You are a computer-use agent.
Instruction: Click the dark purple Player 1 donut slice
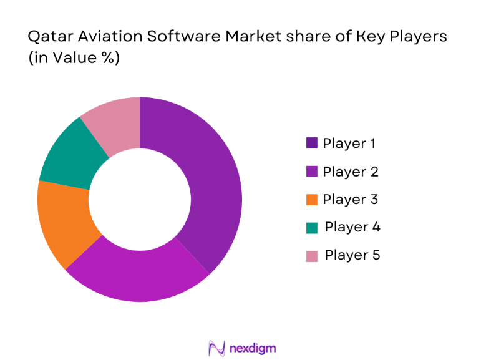pyautogui.click(x=212, y=187)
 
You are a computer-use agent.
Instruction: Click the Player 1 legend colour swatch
pyautogui.click(x=312, y=144)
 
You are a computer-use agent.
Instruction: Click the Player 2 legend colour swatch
pyautogui.click(x=312, y=172)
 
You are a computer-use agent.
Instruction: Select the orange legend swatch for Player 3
pyautogui.click(x=312, y=200)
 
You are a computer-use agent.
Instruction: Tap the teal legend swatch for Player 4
pyautogui.click(x=312, y=228)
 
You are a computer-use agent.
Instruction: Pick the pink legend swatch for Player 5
pyautogui.click(x=312, y=256)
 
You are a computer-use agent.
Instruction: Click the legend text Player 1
pyautogui.click(x=349, y=144)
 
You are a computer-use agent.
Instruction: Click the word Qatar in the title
pyautogui.click(x=47, y=37)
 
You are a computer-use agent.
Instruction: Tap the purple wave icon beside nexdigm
pyautogui.click(x=216, y=348)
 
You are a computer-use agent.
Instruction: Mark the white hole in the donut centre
pyautogui.click(x=140, y=200)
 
